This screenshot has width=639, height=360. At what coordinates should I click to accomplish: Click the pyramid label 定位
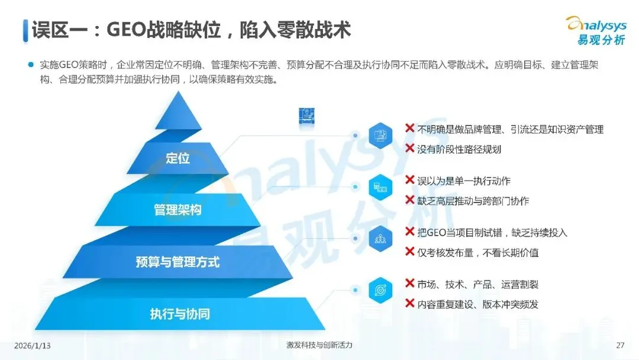click(x=177, y=158)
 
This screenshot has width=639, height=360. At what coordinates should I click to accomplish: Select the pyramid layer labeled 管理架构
click(x=177, y=210)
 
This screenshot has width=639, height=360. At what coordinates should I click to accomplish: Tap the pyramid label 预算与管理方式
click(x=177, y=262)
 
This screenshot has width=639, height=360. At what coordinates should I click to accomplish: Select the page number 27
click(x=620, y=345)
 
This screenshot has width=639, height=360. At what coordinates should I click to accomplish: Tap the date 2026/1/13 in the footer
click(x=33, y=345)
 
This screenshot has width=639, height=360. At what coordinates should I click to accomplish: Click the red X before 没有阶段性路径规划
click(x=409, y=149)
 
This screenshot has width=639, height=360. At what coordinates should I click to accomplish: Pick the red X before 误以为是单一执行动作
click(x=409, y=180)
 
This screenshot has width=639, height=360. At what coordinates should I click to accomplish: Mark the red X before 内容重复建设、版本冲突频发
click(x=409, y=304)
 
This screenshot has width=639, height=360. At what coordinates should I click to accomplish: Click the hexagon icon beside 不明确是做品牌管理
click(x=380, y=135)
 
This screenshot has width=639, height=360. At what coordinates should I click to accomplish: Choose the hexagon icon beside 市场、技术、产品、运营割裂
click(x=380, y=290)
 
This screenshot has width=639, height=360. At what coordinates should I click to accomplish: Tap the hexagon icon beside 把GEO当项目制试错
click(x=380, y=239)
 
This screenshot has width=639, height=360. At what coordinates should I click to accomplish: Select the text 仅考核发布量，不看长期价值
click(x=477, y=253)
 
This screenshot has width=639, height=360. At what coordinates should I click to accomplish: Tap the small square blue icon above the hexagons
click(x=305, y=115)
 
